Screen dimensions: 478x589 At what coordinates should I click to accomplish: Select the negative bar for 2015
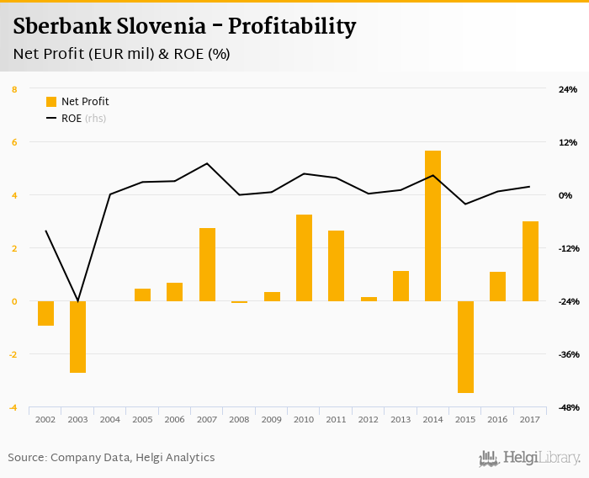[465, 347]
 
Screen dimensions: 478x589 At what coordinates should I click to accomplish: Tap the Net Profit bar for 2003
[77, 337]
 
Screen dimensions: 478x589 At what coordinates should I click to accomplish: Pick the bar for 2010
[304, 258]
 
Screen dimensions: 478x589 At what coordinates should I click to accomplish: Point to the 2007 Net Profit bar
[207, 264]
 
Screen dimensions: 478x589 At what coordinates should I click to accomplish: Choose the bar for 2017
[530, 261]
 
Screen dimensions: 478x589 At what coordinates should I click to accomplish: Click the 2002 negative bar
[45, 313]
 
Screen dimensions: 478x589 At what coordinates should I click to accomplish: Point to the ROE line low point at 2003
[77, 301]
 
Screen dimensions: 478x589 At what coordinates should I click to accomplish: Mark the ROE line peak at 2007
[207, 163]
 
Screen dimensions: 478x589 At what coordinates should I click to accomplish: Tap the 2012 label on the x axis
[369, 419]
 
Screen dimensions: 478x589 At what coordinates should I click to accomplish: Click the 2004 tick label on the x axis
[110, 419]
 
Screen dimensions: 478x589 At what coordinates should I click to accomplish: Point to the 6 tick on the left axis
[14, 142]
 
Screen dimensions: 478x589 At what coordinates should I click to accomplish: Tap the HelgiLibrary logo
[529, 458]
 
